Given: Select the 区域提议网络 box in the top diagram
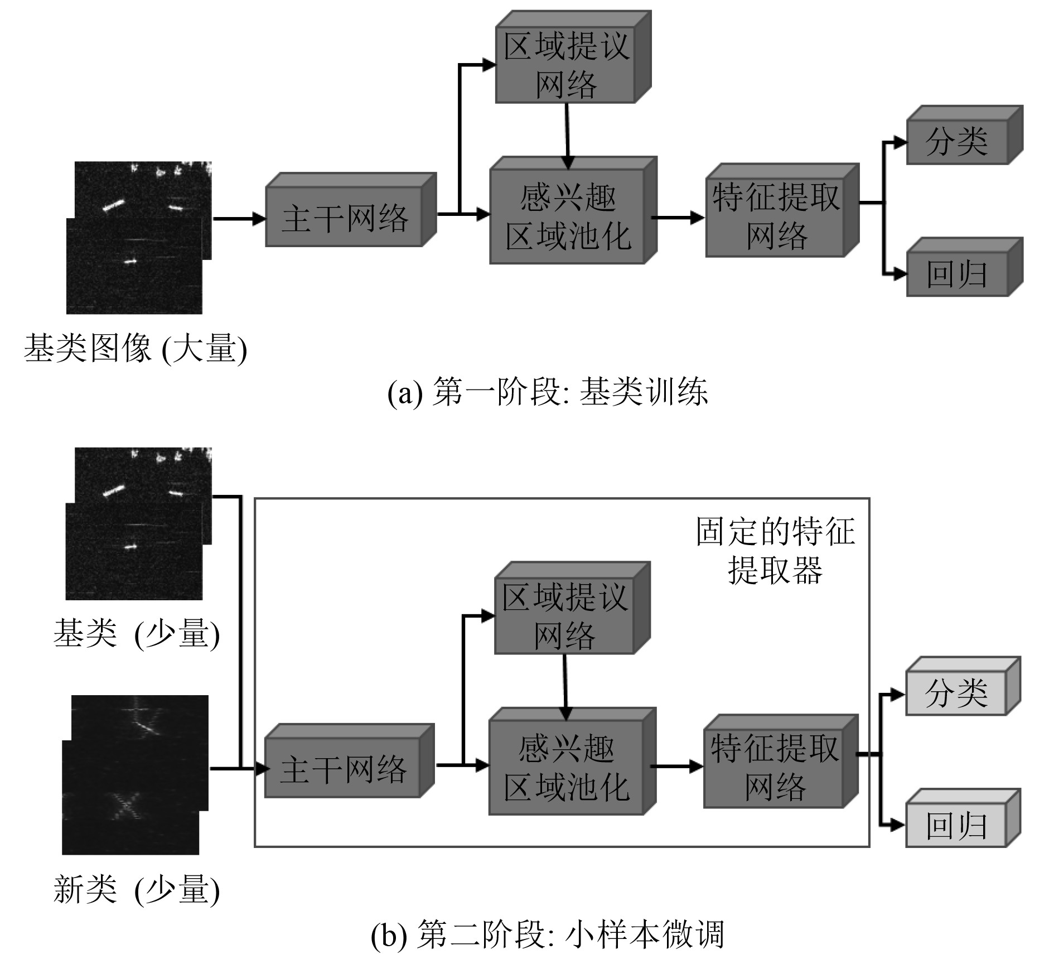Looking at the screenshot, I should pyautogui.click(x=566, y=65).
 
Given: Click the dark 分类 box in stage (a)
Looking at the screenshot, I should pyautogui.click(x=957, y=142).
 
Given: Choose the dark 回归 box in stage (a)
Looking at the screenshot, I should pyautogui.click(x=957, y=274).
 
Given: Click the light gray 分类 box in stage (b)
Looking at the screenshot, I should pyautogui.click(x=956, y=693).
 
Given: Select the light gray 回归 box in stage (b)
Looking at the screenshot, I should pyautogui.click(x=956, y=825).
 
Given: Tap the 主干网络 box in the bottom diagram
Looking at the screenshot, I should pyautogui.click(x=342, y=768).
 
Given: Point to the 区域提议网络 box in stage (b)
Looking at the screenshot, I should pyautogui.click(x=564, y=616).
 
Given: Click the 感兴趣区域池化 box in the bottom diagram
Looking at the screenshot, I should pyautogui.click(x=566, y=768).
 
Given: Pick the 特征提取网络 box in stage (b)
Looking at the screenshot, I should pyautogui.click(x=774, y=768).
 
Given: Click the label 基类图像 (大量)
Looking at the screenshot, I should pyautogui.click(x=136, y=349).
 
